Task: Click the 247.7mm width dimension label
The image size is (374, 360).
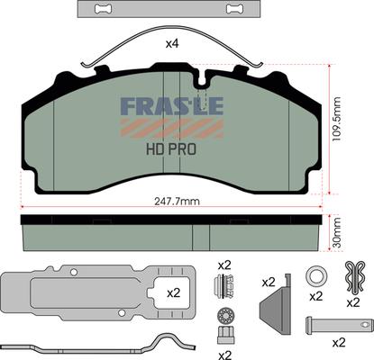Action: coord(177,202)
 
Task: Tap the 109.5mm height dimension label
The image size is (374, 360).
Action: coord(337,119)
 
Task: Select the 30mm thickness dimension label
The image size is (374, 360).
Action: coord(337,233)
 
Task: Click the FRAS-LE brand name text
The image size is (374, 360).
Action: coord(172,106)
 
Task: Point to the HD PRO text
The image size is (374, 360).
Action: coord(171,149)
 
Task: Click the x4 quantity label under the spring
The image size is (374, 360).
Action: coord(172,44)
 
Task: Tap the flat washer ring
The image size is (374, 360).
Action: coord(315,276)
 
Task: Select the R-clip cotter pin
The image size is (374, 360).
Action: coord(355,276)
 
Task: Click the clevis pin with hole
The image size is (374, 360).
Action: coord(339,325)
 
